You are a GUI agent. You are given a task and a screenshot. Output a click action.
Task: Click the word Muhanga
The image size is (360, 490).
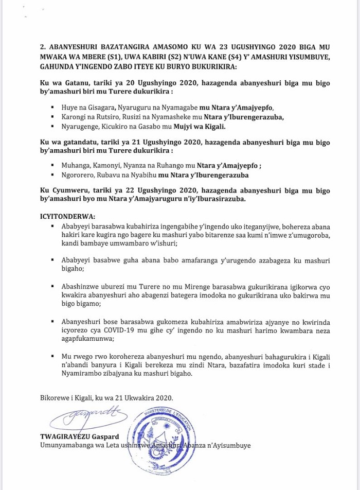pyautogui.click(x=75, y=166)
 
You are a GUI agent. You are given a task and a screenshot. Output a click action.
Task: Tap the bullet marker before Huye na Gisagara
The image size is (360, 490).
pyautogui.click(x=53, y=108)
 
